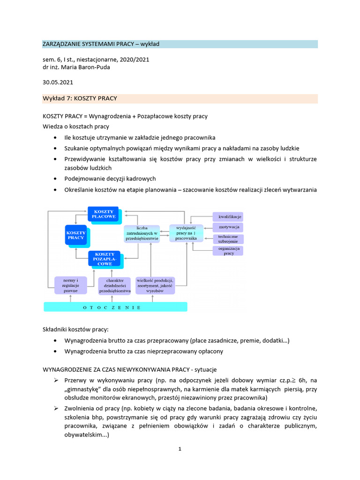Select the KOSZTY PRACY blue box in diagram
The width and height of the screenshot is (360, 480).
click(75, 235)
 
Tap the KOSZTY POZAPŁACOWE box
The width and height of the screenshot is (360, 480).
click(104, 259)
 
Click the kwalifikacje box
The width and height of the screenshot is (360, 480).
click(228, 217)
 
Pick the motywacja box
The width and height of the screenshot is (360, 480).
click(228, 227)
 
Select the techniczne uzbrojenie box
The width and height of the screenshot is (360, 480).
click(228, 239)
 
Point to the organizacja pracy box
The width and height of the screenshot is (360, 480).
click(228, 251)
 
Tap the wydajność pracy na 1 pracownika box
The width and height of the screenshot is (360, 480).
click(186, 233)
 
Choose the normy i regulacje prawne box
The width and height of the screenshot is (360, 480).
click(70, 285)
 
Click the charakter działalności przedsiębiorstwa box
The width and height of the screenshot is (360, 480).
click(115, 285)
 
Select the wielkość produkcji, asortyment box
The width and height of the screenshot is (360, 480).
click(155, 285)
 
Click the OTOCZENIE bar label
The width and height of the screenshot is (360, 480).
click(115, 307)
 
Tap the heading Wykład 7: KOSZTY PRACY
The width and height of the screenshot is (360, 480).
click(80, 98)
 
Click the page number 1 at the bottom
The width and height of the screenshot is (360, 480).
click(180, 449)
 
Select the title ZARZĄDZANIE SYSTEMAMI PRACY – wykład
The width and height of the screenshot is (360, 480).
click(101, 44)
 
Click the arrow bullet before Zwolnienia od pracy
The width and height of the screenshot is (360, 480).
click(55, 409)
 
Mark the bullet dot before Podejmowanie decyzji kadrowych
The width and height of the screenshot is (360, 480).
click(55, 179)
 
